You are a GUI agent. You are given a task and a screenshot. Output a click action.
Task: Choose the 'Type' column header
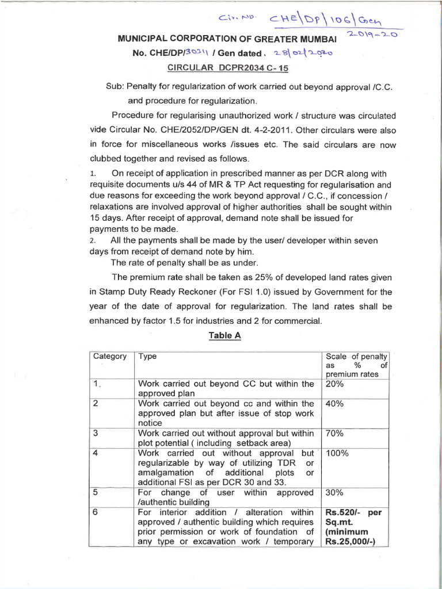(148, 357)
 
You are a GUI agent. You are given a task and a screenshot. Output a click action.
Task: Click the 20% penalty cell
(335, 384)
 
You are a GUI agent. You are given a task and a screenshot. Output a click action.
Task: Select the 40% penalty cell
(335, 404)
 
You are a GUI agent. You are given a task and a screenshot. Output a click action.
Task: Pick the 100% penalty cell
(337, 453)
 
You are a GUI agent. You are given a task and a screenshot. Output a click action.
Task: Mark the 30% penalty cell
(335, 493)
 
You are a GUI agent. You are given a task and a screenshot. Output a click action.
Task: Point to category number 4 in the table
(96, 453)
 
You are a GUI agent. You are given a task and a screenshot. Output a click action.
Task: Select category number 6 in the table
(96, 512)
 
